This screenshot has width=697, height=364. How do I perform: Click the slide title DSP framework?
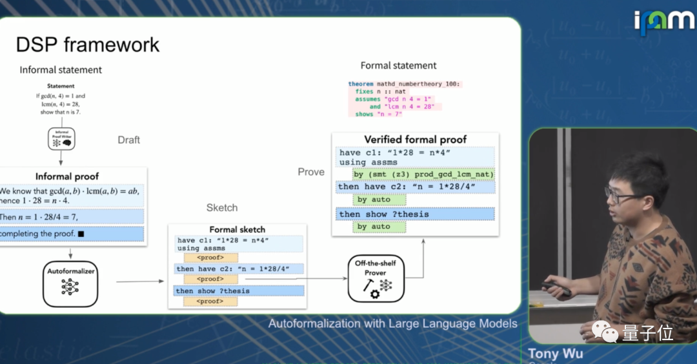[87, 45]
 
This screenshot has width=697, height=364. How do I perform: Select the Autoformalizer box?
[70, 283]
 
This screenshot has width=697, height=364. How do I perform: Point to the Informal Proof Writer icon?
[61, 139]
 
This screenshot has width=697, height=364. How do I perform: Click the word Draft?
[128, 139]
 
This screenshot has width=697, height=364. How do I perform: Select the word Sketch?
[222, 207]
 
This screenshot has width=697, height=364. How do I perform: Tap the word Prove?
[311, 172]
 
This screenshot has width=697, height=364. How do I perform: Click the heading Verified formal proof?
[415, 139]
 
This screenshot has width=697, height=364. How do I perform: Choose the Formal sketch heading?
[237, 230]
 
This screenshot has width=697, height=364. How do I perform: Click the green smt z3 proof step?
[423, 174]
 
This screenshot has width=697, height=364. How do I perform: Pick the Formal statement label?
[398, 65]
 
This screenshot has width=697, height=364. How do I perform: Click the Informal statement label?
[61, 70]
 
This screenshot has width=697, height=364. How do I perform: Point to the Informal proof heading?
[66, 176]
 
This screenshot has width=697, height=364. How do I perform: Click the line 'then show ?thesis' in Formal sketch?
[213, 291]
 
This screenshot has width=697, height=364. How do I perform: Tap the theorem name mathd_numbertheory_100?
[419, 84]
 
